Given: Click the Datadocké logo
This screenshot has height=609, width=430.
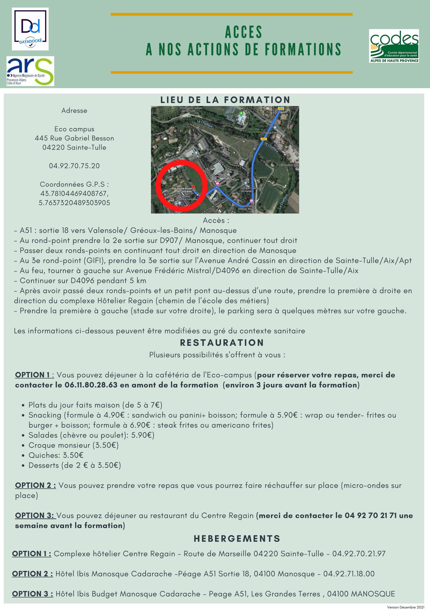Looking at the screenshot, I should click(x=30, y=29).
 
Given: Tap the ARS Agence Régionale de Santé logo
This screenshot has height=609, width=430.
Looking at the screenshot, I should click(x=30, y=71).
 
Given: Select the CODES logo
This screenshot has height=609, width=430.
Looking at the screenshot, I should click(x=394, y=46).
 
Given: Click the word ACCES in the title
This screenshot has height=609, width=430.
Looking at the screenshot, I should click(x=244, y=32).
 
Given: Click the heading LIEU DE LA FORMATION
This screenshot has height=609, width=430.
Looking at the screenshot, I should click(x=225, y=100).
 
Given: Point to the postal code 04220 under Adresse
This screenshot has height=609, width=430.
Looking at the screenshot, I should click(x=53, y=147).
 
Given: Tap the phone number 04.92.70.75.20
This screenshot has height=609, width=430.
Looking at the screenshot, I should click(x=74, y=166).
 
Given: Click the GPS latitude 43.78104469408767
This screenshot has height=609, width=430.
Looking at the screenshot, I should click(x=74, y=194).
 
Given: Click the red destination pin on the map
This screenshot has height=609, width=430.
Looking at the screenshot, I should click(x=194, y=186).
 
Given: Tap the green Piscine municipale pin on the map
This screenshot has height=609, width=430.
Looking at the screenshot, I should click(x=241, y=114).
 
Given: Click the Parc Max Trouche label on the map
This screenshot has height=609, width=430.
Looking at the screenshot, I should click(x=254, y=130).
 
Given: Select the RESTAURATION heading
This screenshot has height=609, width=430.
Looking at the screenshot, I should click(x=222, y=343).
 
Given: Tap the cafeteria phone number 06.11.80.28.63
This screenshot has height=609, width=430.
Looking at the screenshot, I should click(x=91, y=385).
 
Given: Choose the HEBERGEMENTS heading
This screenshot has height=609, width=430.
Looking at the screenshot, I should click(x=237, y=539).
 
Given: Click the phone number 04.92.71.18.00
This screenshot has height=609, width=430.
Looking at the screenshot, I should click(x=349, y=574).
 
